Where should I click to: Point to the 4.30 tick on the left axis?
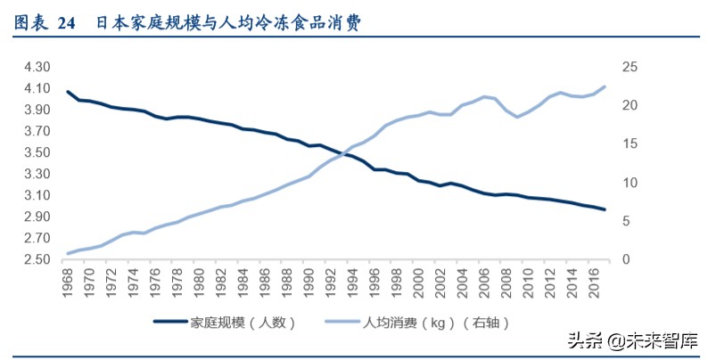click(x=37, y=68)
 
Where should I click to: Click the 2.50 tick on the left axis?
click(x=37, y=260)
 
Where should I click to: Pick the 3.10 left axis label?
click(x=37, y=196)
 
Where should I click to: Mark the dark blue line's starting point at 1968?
click(x=68, y=92)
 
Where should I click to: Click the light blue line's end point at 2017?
click(x=605, y=86)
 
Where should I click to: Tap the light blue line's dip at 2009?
click(x=517, y=117)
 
